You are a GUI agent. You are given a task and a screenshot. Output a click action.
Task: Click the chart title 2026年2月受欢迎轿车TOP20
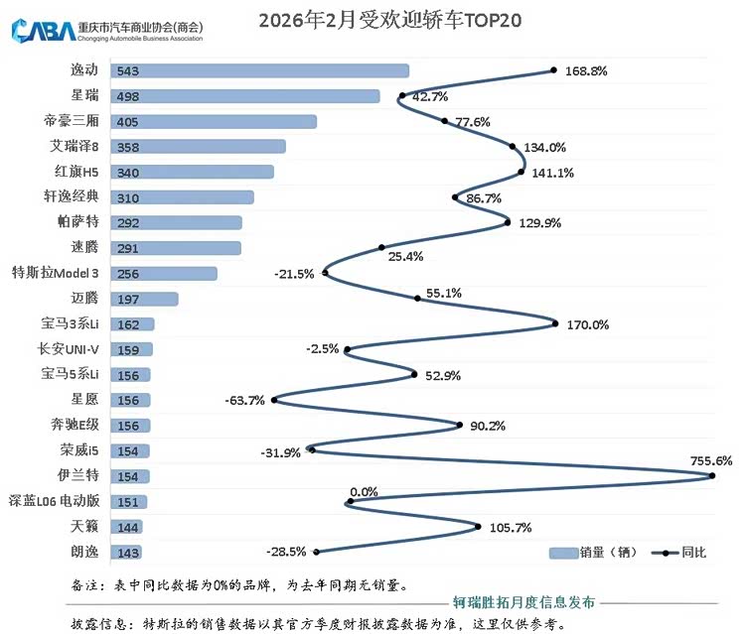[x=389, y=19]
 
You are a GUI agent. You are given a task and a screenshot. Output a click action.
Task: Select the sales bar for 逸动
[x=260, y=70]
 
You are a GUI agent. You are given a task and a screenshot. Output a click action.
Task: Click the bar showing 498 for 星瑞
[x=245, y=96]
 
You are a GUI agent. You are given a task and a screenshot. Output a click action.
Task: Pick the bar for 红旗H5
[x=193, y=172]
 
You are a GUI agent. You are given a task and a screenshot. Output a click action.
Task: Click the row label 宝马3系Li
[x=72, y=323]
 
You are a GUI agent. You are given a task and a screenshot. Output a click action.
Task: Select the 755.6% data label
[x=710, y=460]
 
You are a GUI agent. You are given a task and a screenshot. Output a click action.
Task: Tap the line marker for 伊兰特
[x=712, y=475]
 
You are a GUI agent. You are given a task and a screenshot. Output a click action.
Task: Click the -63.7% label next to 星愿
[x=245, y=401]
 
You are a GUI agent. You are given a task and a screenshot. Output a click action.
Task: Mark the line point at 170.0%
[x=555, y=321]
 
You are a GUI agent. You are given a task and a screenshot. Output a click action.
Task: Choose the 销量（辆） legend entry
[x=594, y=553]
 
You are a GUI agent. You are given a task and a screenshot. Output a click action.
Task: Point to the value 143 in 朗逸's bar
[x=127, y=553]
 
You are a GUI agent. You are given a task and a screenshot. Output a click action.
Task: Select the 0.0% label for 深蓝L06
[x=364, y=491]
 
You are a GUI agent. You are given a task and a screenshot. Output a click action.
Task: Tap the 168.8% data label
[x=585, y=71]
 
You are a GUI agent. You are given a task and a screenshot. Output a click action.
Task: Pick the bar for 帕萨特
[x=178, y=222]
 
